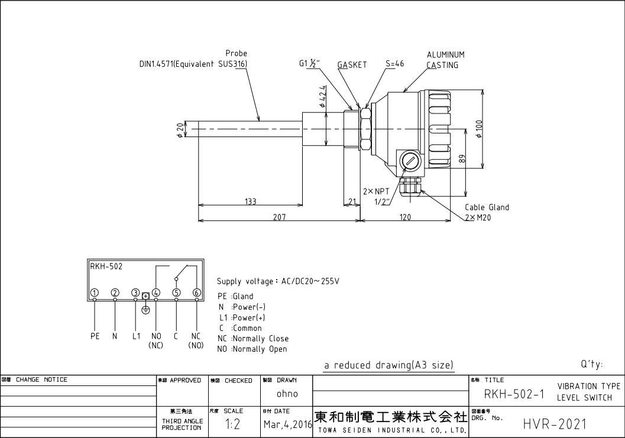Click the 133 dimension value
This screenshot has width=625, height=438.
[250, 202]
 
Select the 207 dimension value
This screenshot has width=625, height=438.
[279, 217]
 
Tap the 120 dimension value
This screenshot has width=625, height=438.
[405, 217]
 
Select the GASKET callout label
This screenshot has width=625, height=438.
[352, 64]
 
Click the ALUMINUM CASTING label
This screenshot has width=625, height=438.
[445, 60]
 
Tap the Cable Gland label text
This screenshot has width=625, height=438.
[486, 207]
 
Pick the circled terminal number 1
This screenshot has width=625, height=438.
[95, 293]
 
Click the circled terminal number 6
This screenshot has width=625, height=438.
[197, 293]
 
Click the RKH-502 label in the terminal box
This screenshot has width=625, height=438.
[106, 267]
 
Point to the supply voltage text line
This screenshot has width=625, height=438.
[278, 281]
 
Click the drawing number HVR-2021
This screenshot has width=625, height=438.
[555, 424]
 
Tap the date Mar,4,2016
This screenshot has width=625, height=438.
[287, 424]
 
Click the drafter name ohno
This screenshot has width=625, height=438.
[287, 394]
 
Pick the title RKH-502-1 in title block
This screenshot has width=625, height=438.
[513, 394]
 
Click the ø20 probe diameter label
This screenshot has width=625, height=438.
[179, 130]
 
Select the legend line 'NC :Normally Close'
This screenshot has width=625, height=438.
[253, 339]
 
